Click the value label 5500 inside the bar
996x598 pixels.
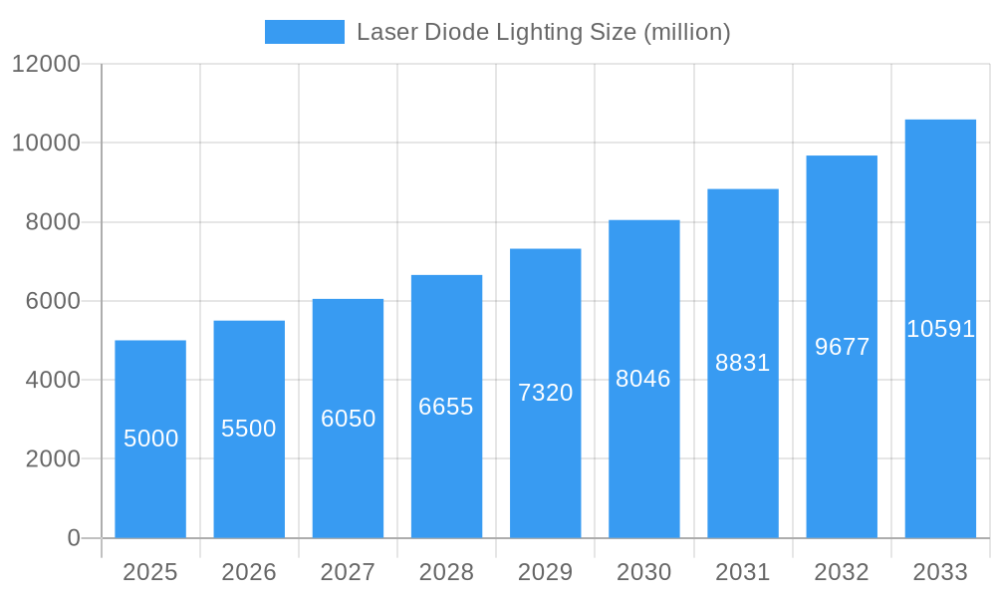pos(249,429)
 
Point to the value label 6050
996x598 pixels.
pos(348,419)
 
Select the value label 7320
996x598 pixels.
pos(545,393)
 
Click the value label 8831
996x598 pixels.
pos(743,363)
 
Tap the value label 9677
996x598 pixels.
pos(842,347)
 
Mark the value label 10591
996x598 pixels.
pos(940,329)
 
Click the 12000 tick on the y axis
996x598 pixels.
pos(46,64)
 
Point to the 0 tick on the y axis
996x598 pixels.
pos(74,538)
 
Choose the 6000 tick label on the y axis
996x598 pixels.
pos(53,301)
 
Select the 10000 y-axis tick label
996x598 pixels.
pos(46,143)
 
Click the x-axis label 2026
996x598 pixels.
pos(249,572)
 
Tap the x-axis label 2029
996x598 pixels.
pos(545,572)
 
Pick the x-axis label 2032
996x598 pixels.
pos(842,572)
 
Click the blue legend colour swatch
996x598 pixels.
pos(304,32)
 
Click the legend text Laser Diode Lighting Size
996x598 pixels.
pos(543,32)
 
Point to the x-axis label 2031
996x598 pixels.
pos(743,572)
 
